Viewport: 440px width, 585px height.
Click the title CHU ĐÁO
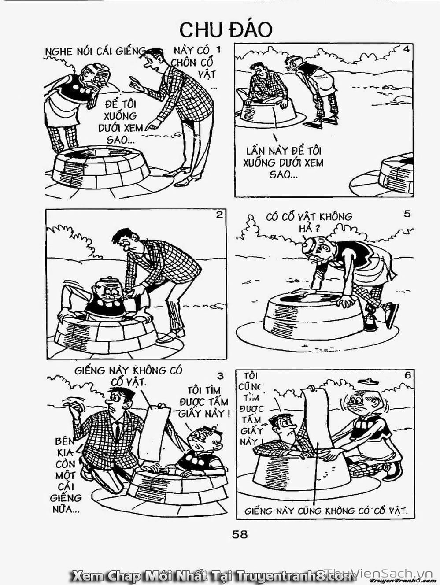click(x=226, y=30)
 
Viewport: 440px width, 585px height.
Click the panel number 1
click(x=218, y=50)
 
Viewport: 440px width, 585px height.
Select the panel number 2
click(x=219, y=215)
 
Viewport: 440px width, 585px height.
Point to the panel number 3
click(x=220, y=376)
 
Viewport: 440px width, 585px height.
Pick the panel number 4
click(x=407, y=49)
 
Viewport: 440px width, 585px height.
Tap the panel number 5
click(x=407, y=214)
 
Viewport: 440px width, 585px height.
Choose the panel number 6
click(x=408, y=375)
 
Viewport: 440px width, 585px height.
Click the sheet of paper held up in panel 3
click(x=155, y=432)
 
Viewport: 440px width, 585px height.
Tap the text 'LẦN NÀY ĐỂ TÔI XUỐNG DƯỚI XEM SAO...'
click(x=283, y=163)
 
